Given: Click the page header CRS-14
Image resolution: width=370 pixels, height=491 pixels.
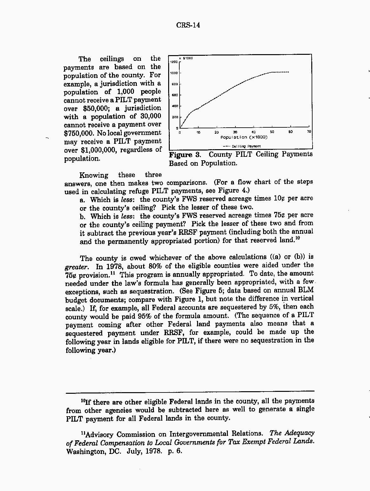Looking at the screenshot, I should pyautogui.click(x=188, y=25).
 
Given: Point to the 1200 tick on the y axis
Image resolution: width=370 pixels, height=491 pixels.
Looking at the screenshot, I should pyautogui.click(x=174, y=62).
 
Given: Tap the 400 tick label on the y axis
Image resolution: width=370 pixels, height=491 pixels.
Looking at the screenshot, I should pyautogui.click(x=175, y=106).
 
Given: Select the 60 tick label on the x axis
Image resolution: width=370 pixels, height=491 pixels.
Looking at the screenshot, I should pyautogui.click(x=290, y=132).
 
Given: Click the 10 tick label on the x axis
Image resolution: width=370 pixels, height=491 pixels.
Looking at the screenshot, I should pyautogui.click(x=198, y=132).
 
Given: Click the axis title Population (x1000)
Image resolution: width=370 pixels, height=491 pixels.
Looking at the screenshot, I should pyautogui.click(x=244, y=137).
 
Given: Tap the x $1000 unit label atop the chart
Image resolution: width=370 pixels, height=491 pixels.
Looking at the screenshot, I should pyautogui.click(x=186, y=58).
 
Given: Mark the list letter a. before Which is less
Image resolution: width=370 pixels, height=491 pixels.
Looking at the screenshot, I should pyautogui.click(x=83, y=200).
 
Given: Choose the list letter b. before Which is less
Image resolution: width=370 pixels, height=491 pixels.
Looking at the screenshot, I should pyautogui.click(x=83, y=217).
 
